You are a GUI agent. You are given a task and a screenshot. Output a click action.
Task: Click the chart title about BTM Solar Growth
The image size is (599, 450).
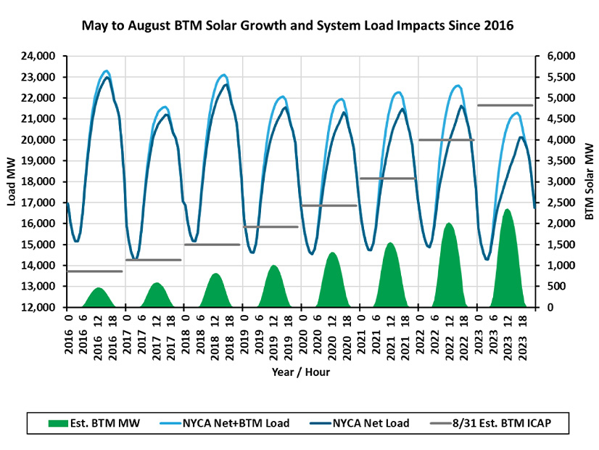299,27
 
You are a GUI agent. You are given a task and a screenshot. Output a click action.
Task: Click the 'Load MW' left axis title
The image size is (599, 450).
12,181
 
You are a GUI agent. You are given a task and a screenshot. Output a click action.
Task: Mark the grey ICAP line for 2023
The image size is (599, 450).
505,105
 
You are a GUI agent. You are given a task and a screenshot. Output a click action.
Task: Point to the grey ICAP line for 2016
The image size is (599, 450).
94,271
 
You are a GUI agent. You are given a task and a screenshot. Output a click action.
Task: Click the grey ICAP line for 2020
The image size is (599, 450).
329,205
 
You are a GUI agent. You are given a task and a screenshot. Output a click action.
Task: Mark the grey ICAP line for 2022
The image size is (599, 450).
447,140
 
